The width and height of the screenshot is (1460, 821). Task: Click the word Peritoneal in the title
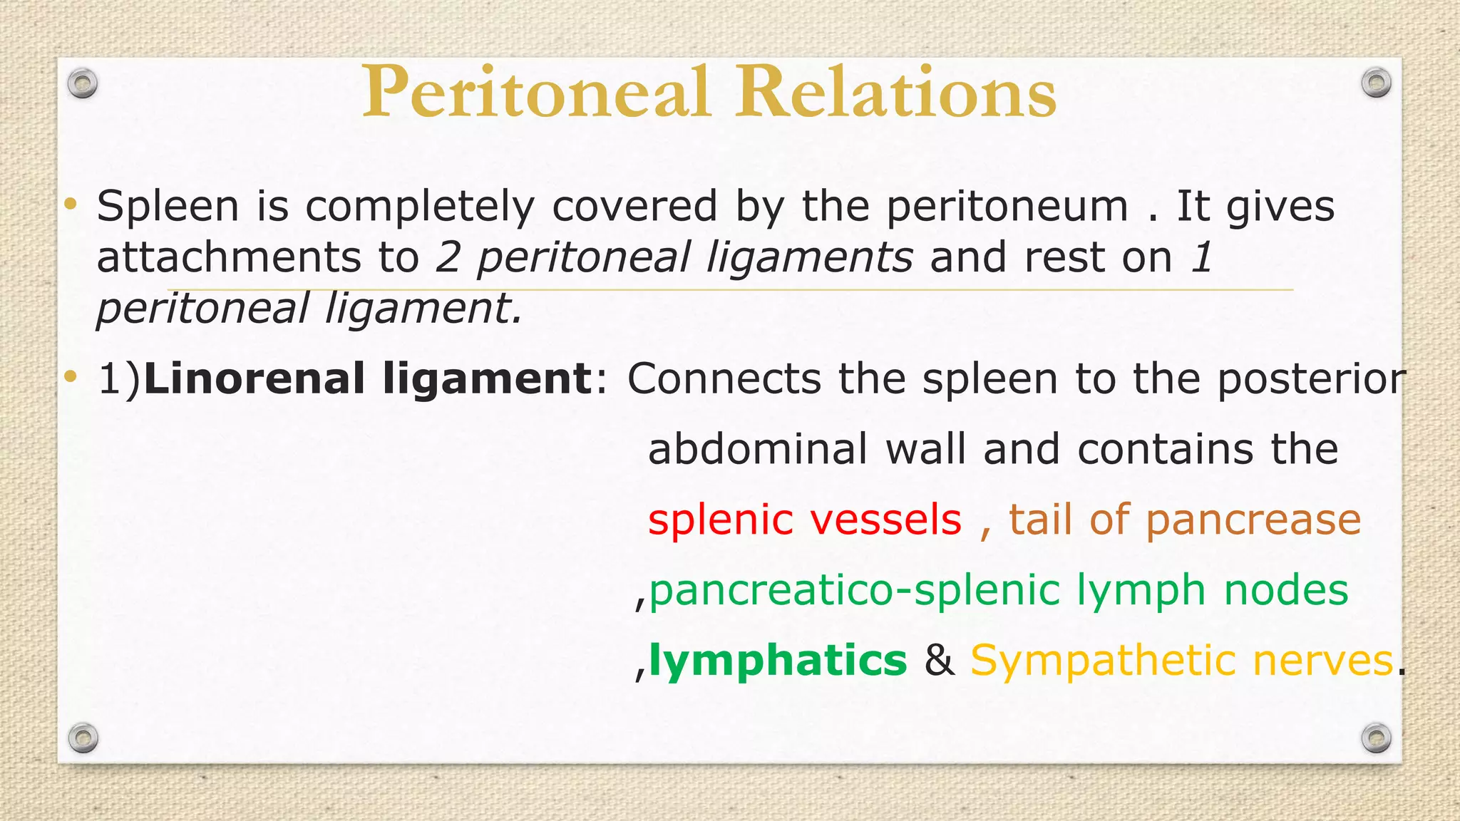[536, 93]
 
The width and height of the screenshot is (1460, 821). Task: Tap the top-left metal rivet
[83, 84]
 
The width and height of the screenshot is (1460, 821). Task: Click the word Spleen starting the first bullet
[168, 207]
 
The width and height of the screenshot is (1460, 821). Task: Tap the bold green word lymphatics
[778, 661]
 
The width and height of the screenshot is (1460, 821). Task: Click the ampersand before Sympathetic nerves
[939, 661]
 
